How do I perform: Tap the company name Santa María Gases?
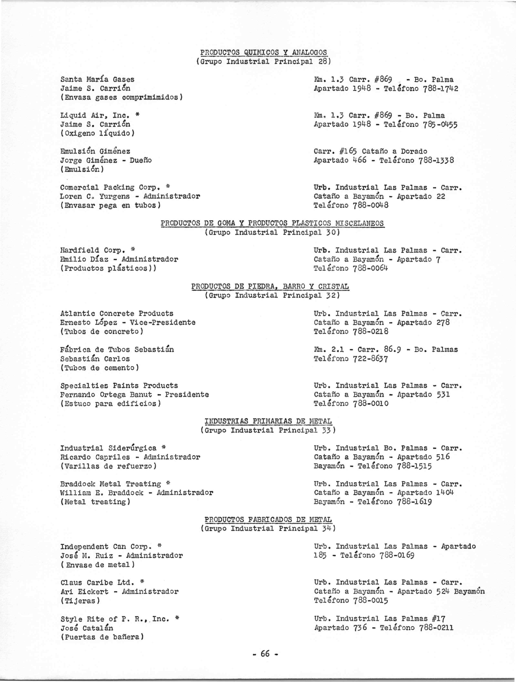(x=97, y=80)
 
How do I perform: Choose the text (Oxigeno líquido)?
(x=98, y=133)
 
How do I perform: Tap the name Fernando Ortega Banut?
(x=106, y=395)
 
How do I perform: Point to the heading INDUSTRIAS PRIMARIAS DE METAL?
(x=268, y=421)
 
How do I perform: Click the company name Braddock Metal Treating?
(x=111, y=484)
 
